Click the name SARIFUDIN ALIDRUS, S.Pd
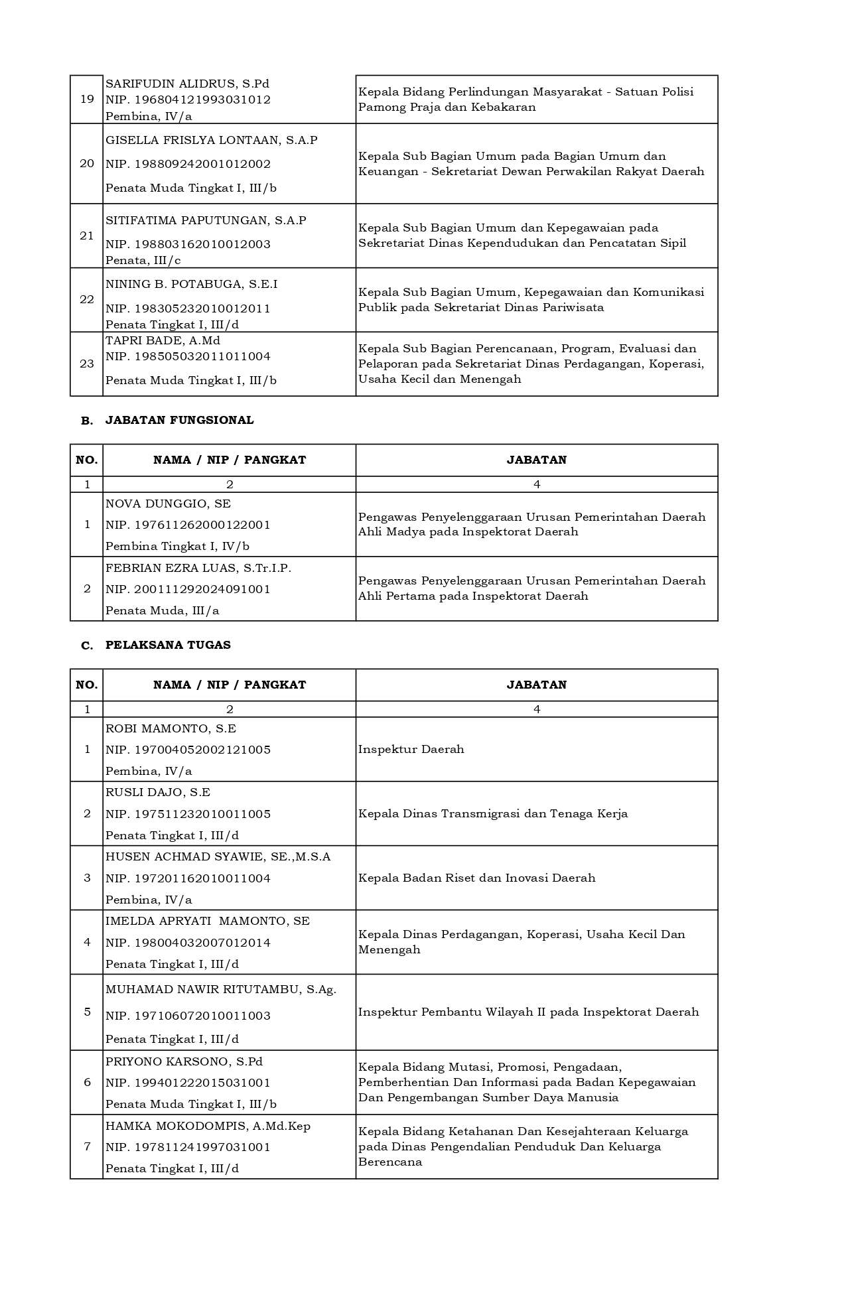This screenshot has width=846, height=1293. click(x=187, y=84)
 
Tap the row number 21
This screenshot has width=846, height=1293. click(x=87, y=236)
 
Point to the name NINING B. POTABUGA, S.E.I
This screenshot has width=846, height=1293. click(x=191, y=284)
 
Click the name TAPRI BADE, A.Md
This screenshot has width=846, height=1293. click(x=163, y=340)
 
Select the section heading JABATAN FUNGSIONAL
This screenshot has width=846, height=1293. click(x=179, y=420)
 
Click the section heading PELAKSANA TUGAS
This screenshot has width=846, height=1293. click(x=168, y=645)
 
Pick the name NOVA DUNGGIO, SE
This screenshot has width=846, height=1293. click(x=168, y=504)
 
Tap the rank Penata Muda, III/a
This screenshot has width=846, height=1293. click(x=162, y=610)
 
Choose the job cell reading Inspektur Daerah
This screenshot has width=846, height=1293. click(x=411, y=749)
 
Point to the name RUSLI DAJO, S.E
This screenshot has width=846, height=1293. click(x=158, y=792)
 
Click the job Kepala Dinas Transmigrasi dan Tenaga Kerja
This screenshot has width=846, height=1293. click(x=493, y=813)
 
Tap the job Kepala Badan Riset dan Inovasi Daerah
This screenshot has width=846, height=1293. click(x=477, y=878)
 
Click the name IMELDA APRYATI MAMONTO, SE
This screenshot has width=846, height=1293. click(x=208, y=921)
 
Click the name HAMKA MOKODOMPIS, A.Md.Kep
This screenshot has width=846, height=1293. click(x=208, y=1126)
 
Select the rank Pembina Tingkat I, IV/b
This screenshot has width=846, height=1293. click(x=177, y=546)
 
